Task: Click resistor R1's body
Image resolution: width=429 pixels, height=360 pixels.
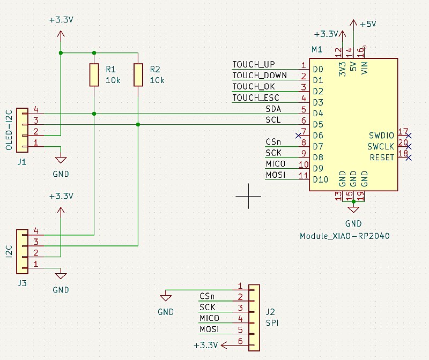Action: tap(94, 74)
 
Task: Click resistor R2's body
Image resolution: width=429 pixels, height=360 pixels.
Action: tap(138, 74)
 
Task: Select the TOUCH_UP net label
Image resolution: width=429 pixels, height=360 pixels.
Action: tap(253, 65)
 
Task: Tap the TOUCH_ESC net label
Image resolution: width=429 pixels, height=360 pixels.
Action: tap(255, 98)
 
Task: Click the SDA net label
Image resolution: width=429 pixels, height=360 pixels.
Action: tap(273, 109)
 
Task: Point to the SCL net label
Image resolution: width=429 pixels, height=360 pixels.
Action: tap(273, 120)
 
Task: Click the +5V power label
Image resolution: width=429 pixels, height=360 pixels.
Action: tap(368, 24)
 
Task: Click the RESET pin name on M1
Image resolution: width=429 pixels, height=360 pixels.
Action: tap(382, 157)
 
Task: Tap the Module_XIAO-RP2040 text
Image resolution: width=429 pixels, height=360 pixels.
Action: tap(344, 236)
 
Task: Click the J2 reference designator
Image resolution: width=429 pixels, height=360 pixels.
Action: tap(270, 312)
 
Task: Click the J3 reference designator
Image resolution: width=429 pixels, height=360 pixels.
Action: tap(22, 283)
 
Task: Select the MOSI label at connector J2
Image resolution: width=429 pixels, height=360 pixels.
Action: tap(209, 329)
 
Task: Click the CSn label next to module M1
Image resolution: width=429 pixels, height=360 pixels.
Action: tap(273, 142)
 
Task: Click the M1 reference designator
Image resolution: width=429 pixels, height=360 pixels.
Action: tap(316, 50)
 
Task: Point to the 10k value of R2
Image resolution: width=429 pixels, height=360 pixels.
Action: tap(157, 80)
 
